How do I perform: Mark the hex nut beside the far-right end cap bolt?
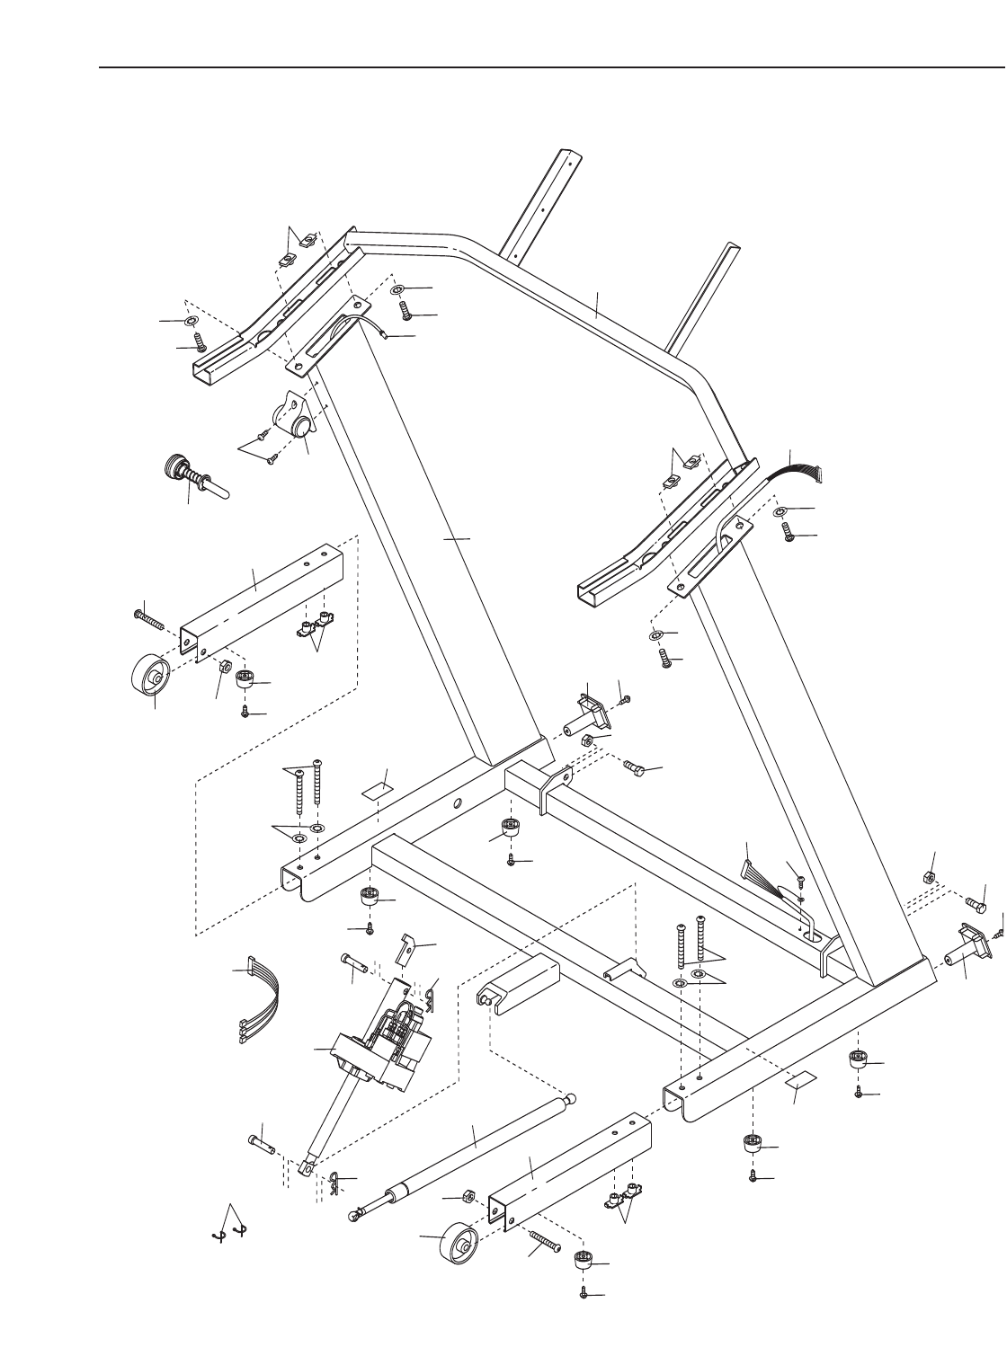(x=931, y=877)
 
